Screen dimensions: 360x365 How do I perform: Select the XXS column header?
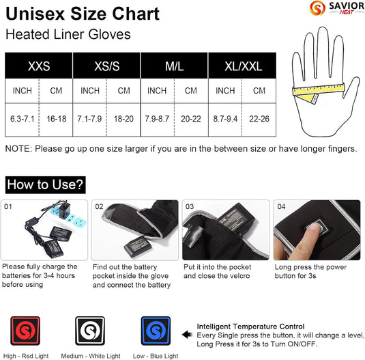tap(38, 67)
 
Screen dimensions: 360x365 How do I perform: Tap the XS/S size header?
tap(106, 67)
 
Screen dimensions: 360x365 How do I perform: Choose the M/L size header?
tap(173, 67)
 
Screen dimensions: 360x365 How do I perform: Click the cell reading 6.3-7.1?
tap(22, 119)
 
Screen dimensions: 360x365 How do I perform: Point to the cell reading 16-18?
tap(56, 119)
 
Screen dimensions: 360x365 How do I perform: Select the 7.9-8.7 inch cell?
tap(157, 119)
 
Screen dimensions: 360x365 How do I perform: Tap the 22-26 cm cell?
tap(259, 119)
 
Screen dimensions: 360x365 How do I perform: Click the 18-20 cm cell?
tap(123, 119)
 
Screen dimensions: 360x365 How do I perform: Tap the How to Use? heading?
tap(46, 184)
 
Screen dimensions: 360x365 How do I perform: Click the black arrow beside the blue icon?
tap(188, 335)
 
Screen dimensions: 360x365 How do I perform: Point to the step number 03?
tap(190, 206)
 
